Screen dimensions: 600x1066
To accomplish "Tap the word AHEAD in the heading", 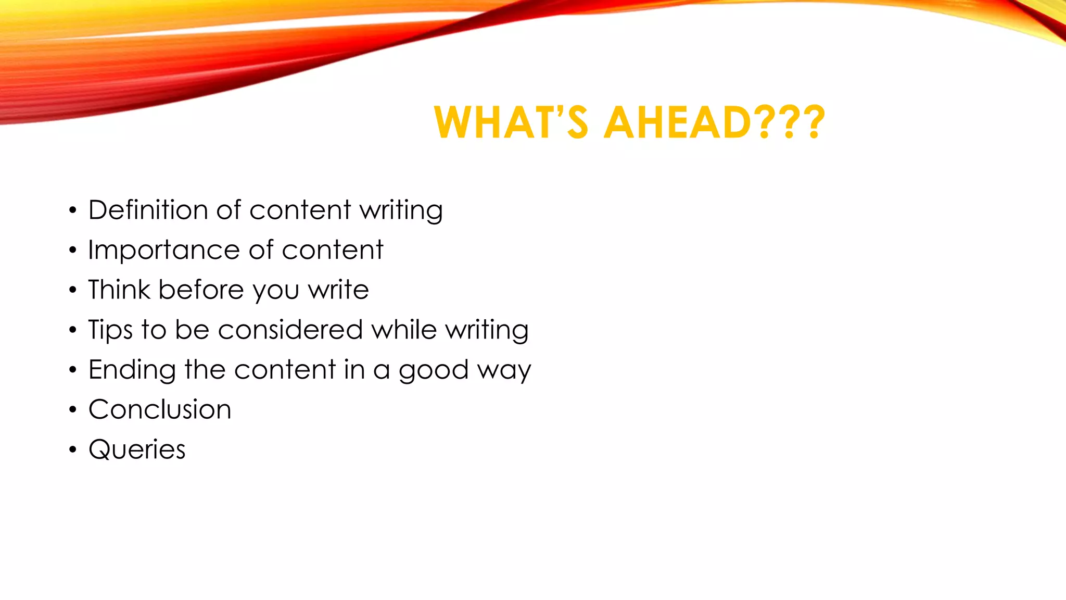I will point(677,123).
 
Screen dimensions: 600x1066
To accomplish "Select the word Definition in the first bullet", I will point(148,210).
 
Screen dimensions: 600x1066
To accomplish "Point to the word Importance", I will point(163,251).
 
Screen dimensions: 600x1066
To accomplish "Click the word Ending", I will point(132,370).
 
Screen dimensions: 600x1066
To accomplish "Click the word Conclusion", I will point(160,409).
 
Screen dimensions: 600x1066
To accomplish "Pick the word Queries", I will point(137,449).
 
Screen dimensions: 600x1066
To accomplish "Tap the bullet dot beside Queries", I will point(73,449).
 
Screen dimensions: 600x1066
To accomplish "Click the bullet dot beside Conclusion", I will point(73,410).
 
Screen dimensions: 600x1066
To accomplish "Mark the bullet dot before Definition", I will point(73,210).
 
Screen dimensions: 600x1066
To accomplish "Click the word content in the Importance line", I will point(332,250).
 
